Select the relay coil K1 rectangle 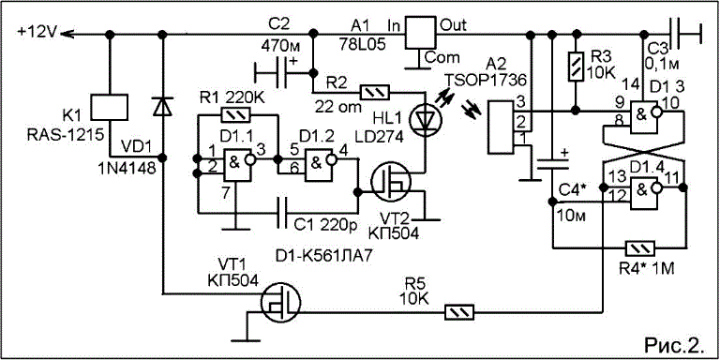coord(110,108)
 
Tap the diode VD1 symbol coord(163,107)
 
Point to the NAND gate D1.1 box coord(237,166)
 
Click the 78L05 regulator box coord(419,32)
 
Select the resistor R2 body coord(375,92)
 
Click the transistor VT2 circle coord(391,184)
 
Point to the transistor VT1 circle coord(280,303)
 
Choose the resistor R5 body coord(460,313)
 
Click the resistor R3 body coord(577,67)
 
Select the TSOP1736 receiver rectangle coord(500,128)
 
